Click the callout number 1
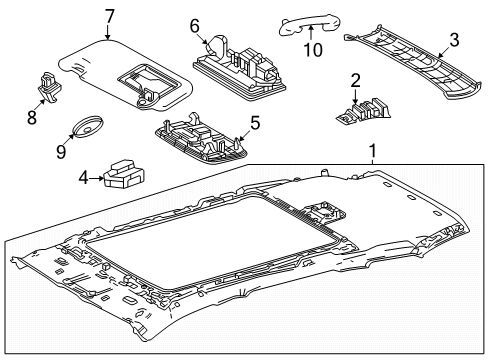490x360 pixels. coord(374,152)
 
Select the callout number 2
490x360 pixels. coord(354,79)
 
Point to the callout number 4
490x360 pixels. coord(83,179)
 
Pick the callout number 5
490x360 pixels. coord(254,123)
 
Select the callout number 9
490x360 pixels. coord(59,153)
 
